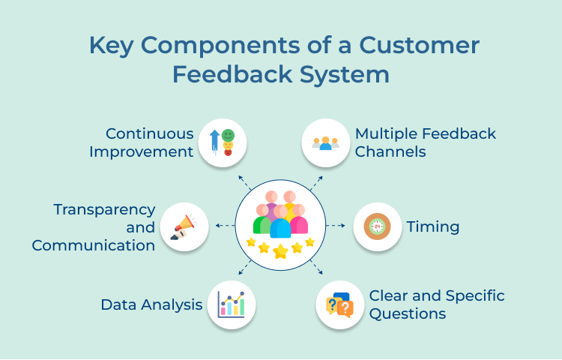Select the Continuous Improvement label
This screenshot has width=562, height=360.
(142, 142)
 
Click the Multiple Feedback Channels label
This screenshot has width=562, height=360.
(425, 142)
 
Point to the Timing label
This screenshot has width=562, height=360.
(432, 226)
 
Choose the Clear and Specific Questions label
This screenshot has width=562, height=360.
(436, 304)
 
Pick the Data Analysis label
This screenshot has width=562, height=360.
(151, 304)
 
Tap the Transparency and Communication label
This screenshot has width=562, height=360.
(94, 226)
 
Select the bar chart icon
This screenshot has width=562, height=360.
(231, 304)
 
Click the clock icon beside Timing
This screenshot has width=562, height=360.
(377, 226)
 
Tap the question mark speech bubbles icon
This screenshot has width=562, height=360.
(339, 305)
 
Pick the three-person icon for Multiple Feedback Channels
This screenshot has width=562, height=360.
(326, 142)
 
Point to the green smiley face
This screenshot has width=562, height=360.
(228, 134)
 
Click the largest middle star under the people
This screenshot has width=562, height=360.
(280, 251)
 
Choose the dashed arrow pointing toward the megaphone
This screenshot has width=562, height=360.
(223, 225)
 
